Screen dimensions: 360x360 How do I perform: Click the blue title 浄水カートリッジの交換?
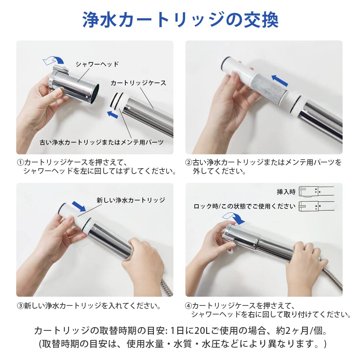[x=180, y=20]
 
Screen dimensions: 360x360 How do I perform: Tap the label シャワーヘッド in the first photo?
[x=97, y=64]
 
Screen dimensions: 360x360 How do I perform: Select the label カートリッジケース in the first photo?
[x=138, y=83]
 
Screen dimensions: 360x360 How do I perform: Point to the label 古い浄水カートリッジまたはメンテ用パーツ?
[x=101, y=142]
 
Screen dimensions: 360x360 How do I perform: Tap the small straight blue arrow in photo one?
[x=112, y=114]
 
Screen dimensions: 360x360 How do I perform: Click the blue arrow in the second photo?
[x=280, y=80]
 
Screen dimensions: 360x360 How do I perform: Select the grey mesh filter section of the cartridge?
[x=269, y=88]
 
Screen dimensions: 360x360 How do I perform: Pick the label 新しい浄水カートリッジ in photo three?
[x=130, y=200]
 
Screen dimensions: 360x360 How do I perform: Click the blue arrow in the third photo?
[x=79, y=206]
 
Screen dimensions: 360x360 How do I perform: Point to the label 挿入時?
[x=286, y=192]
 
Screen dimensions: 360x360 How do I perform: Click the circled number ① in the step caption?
[x=20, y=162]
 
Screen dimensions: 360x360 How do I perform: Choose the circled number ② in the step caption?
[x=189, y=162]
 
